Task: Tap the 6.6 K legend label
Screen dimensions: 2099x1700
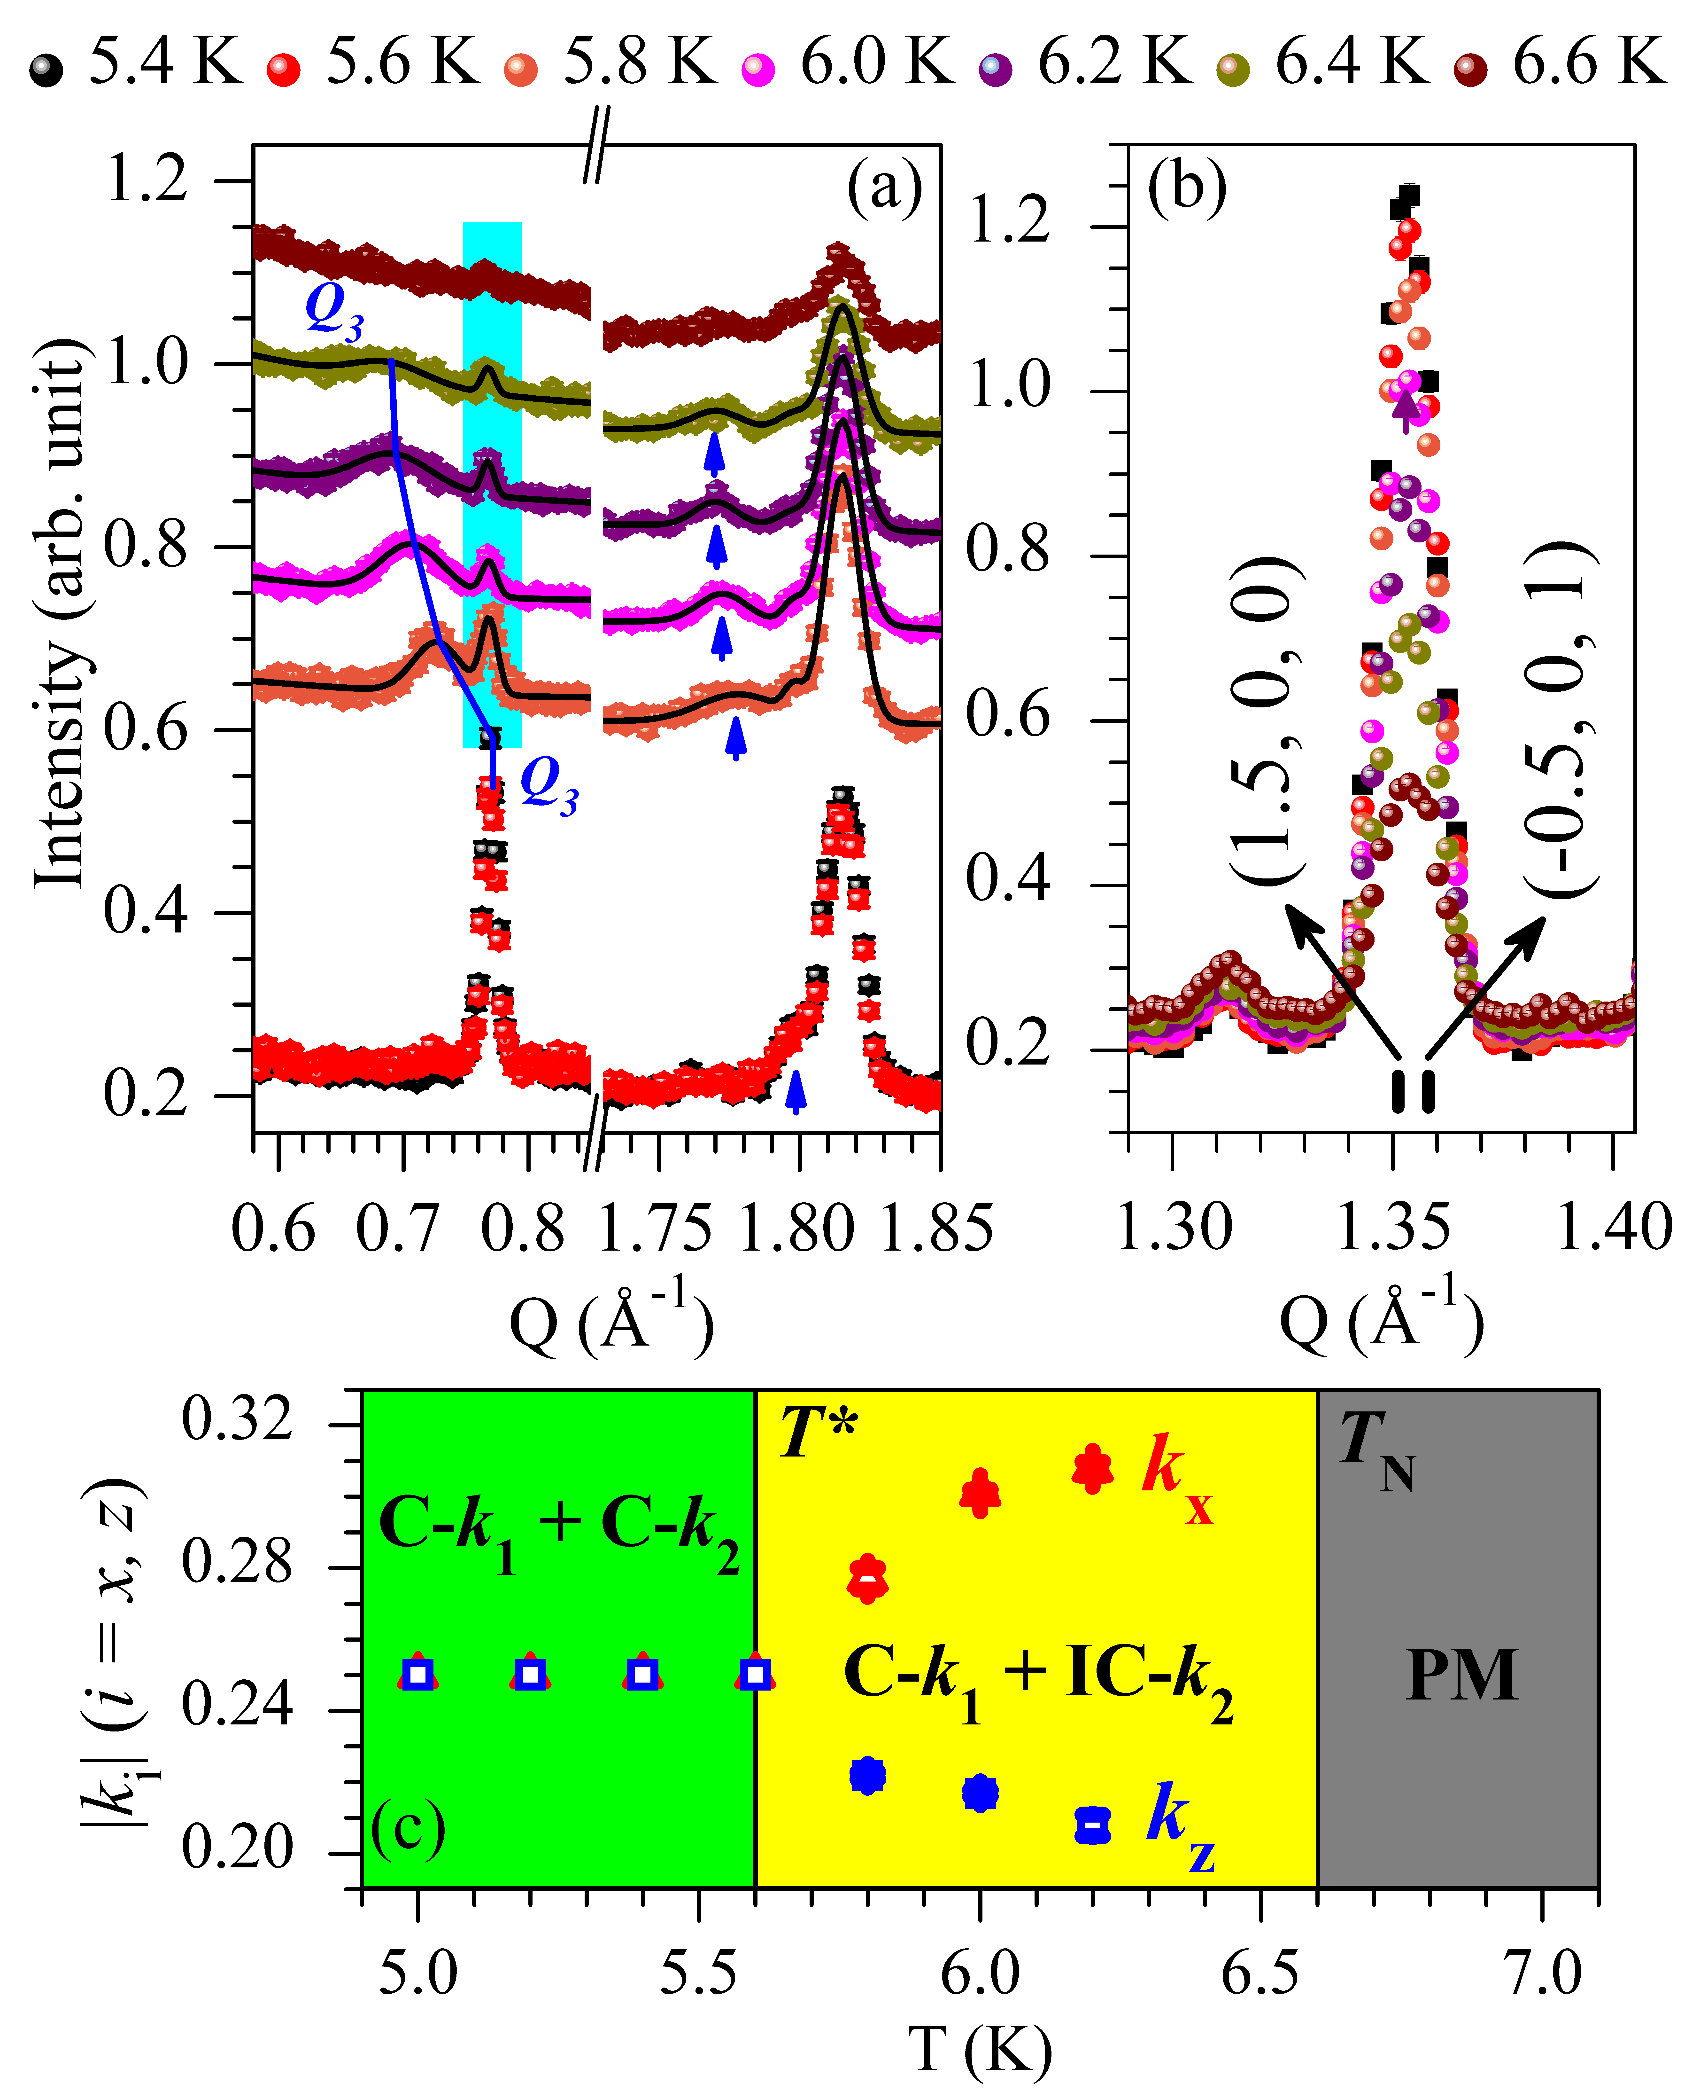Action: click(1588, 61)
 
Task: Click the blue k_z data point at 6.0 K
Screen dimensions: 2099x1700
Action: click(979, 1793)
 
